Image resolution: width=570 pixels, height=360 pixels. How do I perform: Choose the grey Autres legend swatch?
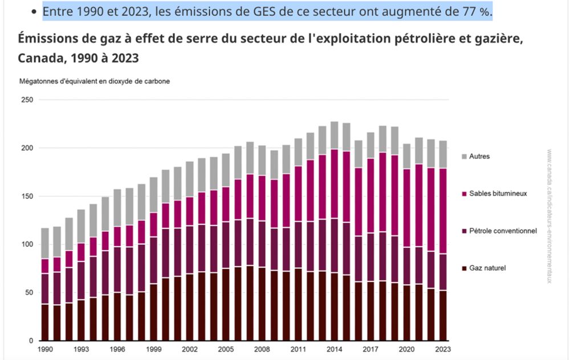tap(464, 156)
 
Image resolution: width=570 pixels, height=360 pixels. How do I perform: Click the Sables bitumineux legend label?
tap(498, 194)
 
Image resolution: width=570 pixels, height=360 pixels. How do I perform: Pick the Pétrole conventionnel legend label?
tap(503, 231)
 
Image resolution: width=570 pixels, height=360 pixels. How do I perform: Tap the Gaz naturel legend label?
tap(487, 268)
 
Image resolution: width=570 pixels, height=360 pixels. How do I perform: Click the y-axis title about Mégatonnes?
tap(95, 81)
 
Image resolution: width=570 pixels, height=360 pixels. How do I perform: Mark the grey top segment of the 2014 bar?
tap(335, 136)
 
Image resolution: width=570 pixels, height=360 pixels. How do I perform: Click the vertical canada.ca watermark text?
tap(549, 216)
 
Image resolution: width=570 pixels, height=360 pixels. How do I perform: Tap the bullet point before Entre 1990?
tap(35, 12)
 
